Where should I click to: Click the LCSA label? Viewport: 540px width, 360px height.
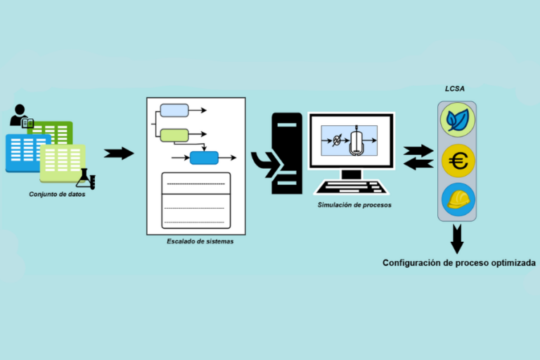pyautogui.click(x=457, y=90)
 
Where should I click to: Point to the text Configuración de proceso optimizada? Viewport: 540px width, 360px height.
pyautogui.click(x=458, y=262)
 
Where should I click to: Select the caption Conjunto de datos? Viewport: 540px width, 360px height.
pyautogui.click(x=57, y=194)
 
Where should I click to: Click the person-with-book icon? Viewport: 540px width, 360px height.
pyautogui.click(x=21, y=117)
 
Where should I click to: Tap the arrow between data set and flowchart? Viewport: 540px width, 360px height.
pyautogui.click(x=118, y=153)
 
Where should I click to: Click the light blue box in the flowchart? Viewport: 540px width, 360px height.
pyautogui.click(x=174, y=110)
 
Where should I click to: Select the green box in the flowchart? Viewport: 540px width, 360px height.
pyautogui.click(x=174, y=135)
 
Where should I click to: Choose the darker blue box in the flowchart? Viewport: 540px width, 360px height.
pyautogui.click(x=204, y=157)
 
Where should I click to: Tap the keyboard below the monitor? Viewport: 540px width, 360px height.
pyautogui.click(x=349, y=187)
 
